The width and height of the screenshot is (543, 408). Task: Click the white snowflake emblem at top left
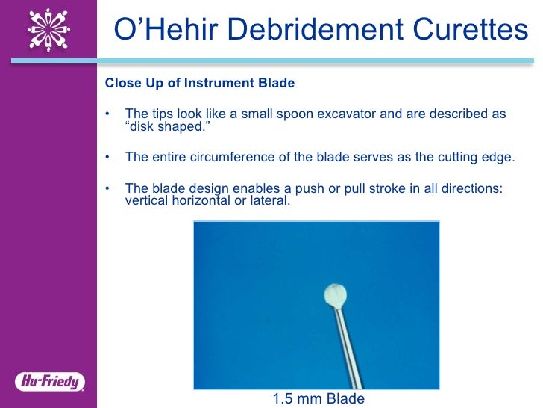tap(49, 31)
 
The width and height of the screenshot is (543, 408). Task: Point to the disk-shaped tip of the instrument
tap(335, 295)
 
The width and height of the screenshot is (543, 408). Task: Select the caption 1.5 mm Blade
tap(318, 398)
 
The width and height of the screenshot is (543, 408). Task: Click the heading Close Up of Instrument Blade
tap(199, 83)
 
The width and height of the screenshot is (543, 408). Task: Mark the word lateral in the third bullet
tap(270, 200)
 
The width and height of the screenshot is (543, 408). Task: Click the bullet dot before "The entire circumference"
tap(108, 157)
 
